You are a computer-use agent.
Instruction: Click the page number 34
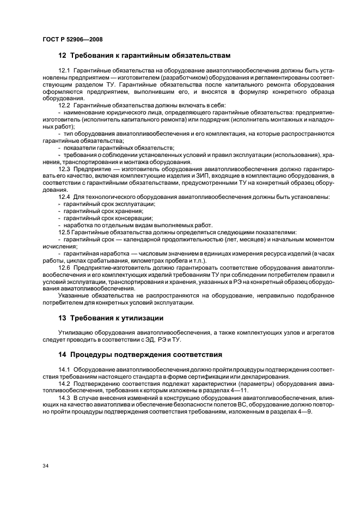click(45, 465)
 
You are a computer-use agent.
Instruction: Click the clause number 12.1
click(65, 71)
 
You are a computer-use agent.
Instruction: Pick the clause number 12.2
click(65, 105)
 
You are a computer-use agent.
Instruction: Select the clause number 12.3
click(65, 170)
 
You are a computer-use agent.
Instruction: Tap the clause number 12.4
click(65, 196)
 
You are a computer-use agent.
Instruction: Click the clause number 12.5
click(65, 232)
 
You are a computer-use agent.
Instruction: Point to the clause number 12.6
click(65, 268)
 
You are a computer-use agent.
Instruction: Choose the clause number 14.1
click(65, 371)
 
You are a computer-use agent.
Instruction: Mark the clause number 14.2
click(65, 384)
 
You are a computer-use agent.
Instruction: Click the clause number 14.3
click(65, 397)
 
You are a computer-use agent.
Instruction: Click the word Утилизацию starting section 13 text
click(74, 332)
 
